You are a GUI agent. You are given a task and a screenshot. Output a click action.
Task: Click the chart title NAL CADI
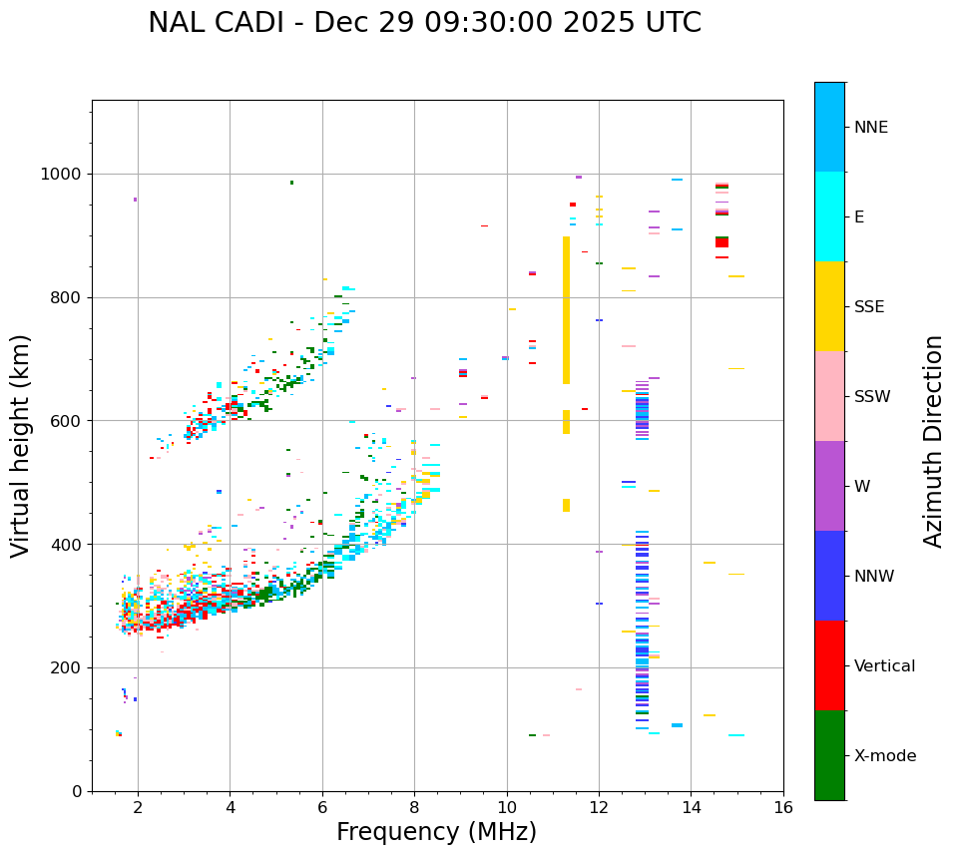(424, 23)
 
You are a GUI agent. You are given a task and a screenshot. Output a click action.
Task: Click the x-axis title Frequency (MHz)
(436, 832)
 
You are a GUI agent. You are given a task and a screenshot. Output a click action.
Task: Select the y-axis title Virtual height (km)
(21, 446)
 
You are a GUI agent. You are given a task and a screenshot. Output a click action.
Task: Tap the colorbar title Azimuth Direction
(933, 441)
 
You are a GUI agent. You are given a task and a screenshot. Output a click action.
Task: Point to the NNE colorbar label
(870, 128)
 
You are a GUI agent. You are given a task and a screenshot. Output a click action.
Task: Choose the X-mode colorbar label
(884, 756)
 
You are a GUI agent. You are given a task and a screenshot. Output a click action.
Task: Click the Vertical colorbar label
(884, 666)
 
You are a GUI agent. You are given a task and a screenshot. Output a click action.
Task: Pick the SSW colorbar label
(872, 397)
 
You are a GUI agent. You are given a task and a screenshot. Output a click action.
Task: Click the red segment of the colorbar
(829, 665)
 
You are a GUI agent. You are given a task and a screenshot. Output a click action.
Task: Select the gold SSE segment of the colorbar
(829, 306)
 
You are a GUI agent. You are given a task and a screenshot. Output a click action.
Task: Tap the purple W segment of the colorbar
(829, 486)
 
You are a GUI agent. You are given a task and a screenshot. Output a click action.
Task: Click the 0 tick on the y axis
(76, 792)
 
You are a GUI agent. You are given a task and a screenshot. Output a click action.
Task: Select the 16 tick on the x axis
(783, 807)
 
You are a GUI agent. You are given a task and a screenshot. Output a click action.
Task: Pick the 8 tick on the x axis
(414, 807)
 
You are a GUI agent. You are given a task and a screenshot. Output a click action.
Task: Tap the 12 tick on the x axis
(599, 807)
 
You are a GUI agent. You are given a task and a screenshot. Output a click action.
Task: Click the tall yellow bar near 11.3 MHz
(566, 309)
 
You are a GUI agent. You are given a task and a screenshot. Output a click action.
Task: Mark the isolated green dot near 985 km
(291, 183)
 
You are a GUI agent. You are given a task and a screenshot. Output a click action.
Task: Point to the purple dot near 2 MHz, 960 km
(136, 200)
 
